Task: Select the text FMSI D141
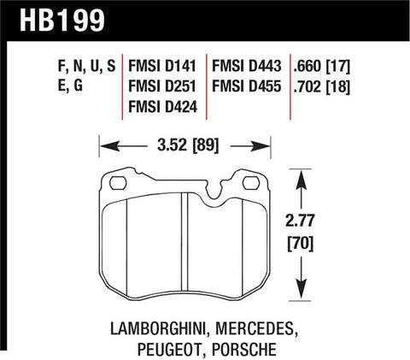coord(160,66)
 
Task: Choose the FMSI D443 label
coord(252,66)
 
